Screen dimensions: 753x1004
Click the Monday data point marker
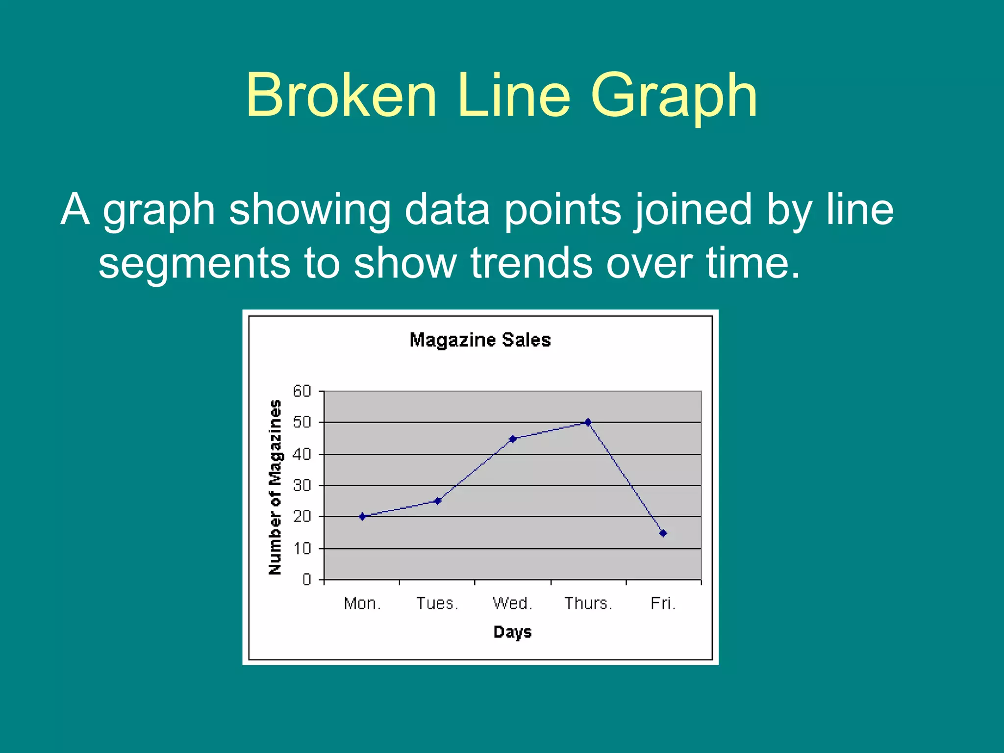(362, 516)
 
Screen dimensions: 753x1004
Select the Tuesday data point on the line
(438, 501)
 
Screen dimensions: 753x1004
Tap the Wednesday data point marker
(513, 439)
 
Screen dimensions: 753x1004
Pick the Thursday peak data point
(588, 422)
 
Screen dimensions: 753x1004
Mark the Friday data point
(663, 533)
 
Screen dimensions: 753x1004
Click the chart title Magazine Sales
(480, 340)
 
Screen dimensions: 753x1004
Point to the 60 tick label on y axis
(302, 391)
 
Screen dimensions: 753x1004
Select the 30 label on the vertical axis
(302, 486)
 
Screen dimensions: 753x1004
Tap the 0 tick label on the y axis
(307, 580)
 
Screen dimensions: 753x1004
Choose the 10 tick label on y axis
(302, 549)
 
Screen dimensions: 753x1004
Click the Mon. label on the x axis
(362, 603)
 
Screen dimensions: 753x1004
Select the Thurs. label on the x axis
(588, 603)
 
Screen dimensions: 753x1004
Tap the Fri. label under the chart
(663, 603)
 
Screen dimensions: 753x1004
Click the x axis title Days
(512, 632)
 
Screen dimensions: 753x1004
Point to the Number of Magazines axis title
(276, 487)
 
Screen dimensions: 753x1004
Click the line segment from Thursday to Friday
(626, 478)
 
